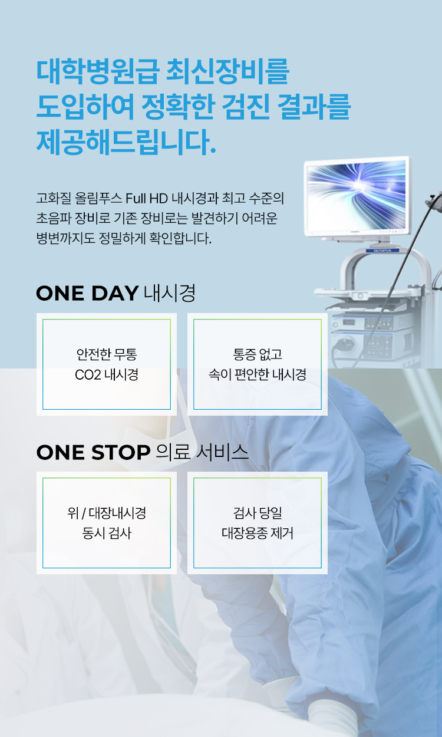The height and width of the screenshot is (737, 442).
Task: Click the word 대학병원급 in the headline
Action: [x=98, y=71]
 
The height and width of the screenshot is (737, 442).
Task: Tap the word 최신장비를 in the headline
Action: [x=227, y=71]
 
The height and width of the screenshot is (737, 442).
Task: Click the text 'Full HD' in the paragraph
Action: [x=147, y=198]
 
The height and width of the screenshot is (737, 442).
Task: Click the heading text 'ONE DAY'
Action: [x=87, y=293]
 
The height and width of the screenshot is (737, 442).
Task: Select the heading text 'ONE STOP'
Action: [x=93, y=452]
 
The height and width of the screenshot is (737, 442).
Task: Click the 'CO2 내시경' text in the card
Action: [x=107, y=375]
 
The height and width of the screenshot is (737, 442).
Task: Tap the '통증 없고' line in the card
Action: [x=258, y=354]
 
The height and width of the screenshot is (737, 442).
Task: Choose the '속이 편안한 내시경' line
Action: [x=258, y=374]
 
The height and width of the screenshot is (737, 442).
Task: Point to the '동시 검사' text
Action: [x=107, y=534]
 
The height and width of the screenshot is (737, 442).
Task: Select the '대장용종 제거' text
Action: [x=258, y=534]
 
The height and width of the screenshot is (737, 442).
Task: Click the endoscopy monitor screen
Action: [x=357, y=196]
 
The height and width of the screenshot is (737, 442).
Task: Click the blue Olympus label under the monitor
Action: [x=382, y=251]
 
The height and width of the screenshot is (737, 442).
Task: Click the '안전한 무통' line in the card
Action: [x=107, y=354]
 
